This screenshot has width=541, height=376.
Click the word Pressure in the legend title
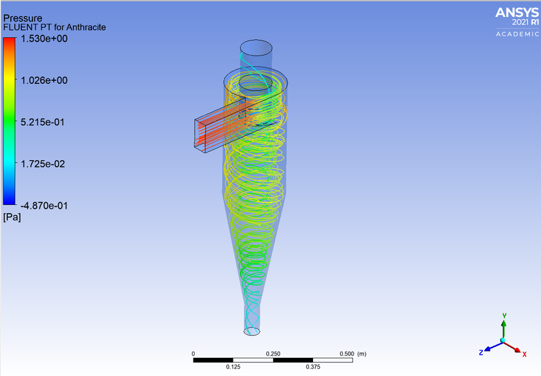click(24, 17)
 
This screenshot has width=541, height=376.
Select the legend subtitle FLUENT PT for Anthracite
click(55, 27)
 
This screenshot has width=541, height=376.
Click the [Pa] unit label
click(12, 217)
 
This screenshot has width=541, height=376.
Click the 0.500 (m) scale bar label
click(352, 354)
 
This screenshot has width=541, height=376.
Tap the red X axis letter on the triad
click(525, 352)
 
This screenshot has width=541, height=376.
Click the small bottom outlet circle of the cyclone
click(252, 331)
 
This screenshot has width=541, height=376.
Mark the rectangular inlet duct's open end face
click(202, 133)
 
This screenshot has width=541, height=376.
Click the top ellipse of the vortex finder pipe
click(257, 47)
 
